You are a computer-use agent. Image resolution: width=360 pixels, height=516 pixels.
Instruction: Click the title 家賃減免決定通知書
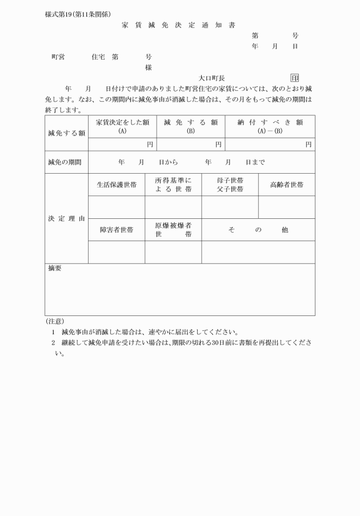178,25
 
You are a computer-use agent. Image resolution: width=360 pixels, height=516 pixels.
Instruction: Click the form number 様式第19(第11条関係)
78,14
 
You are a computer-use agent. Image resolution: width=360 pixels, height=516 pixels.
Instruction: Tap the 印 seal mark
294,78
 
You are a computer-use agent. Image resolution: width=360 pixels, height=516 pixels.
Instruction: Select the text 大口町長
211,78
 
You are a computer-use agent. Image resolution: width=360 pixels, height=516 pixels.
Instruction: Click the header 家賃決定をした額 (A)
122,126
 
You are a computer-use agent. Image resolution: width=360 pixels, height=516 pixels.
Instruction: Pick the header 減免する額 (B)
191,126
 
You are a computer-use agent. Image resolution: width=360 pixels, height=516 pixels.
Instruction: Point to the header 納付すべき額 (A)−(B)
270,126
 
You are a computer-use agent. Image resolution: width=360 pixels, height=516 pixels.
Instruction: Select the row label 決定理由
66,218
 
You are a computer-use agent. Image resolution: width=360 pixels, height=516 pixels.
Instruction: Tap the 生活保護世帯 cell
117,185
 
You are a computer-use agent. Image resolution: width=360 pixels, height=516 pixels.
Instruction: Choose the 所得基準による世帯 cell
173,185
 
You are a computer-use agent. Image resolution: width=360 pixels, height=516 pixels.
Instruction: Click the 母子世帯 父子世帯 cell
230,185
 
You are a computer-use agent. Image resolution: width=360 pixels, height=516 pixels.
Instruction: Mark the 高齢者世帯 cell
286,185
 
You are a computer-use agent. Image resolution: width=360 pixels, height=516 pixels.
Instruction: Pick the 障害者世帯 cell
117,230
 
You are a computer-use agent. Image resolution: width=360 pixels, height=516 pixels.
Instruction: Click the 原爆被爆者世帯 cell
173,230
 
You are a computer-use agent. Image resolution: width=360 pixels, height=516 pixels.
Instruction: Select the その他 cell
258,230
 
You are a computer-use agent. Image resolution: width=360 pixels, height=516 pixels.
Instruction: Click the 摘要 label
55,269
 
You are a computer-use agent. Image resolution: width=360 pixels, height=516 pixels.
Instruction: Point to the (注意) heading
54,321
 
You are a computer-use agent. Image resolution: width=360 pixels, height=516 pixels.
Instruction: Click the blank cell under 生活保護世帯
117,207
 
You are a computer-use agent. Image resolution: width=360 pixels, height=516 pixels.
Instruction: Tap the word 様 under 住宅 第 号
149,67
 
